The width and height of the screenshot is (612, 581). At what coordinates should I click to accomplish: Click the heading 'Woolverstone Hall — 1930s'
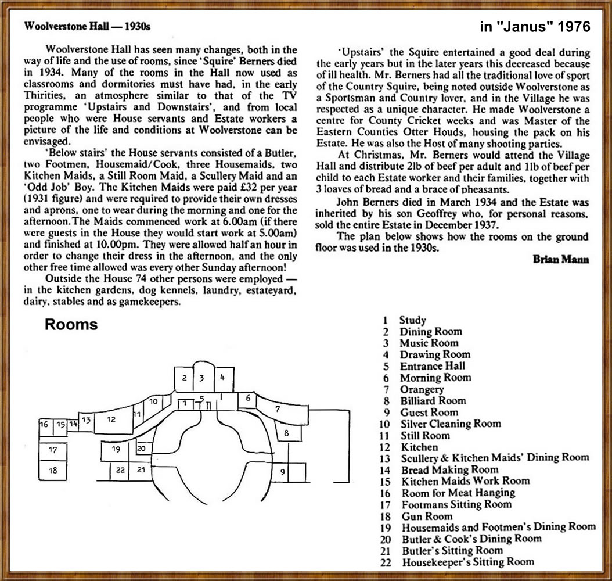click(x=89, y=27)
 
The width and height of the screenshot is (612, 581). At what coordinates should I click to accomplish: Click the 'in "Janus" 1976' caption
click(x=535, y=27)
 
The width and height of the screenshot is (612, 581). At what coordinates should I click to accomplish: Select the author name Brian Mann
click(x=560, y=260)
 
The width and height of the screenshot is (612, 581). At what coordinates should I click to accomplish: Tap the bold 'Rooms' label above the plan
click(x=71, y=325)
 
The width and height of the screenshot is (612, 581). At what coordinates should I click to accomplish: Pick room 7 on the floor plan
click(x=278, y=409)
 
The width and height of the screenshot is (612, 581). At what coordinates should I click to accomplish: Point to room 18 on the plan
click(x=53, y=470)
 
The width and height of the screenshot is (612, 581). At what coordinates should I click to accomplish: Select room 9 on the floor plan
click(x=282, y=472)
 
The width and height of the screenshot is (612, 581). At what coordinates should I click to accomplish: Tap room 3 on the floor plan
click(x=201, y=378)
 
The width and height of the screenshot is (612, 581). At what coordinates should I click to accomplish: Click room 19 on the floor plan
click(x=116, y=449)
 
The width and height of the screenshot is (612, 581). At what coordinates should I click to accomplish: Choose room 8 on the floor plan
click(x=286, y=432)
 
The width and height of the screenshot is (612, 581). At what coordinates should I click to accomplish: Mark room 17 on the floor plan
click(x=53, y=449)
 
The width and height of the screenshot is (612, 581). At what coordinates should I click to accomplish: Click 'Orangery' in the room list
click(x=422, y=389)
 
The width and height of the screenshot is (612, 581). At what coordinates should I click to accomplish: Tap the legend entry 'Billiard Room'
click(x=433, y=401)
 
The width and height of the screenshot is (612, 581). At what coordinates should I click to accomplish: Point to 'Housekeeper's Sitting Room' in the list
click(x=467, y=562)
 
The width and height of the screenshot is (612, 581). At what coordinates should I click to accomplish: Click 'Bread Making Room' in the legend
click(x=449, y=469)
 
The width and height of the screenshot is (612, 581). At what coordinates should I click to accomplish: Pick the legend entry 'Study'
click(x=412, y=320)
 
